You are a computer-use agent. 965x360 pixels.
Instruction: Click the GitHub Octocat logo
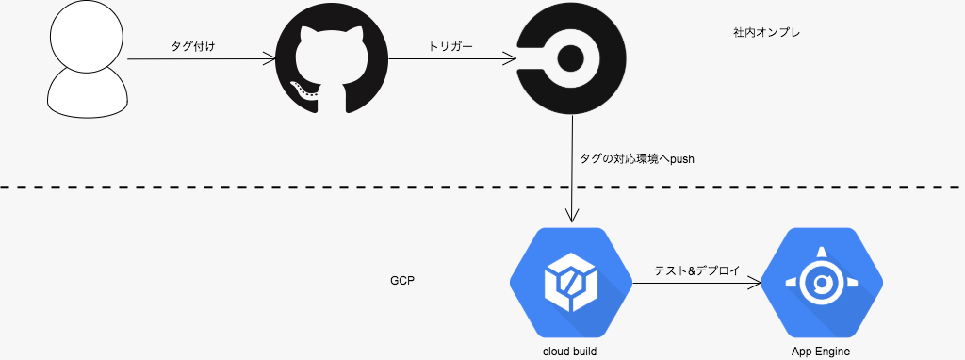tap(332, 59)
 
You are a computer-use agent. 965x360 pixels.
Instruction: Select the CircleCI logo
tap(572, 59)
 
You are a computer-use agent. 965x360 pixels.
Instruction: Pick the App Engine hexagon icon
tap(821, 283)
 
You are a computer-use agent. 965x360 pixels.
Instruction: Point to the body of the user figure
tap(88, 93)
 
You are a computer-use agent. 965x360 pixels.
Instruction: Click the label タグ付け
tap(193, 46)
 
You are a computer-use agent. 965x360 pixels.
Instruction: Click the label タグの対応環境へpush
tap(637, 158)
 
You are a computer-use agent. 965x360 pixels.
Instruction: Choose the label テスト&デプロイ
tap(696, 270)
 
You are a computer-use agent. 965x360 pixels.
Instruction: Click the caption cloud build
tap(570, 352)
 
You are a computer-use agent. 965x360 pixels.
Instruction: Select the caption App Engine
tap(821, 352)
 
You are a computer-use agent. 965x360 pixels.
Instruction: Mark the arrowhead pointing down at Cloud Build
tap(572, 216)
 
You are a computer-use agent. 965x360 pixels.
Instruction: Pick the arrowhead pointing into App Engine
tap(755, 283)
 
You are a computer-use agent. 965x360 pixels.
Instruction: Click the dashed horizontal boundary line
tap(482, 186)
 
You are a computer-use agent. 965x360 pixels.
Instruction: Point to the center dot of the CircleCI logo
tap(572, 59)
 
